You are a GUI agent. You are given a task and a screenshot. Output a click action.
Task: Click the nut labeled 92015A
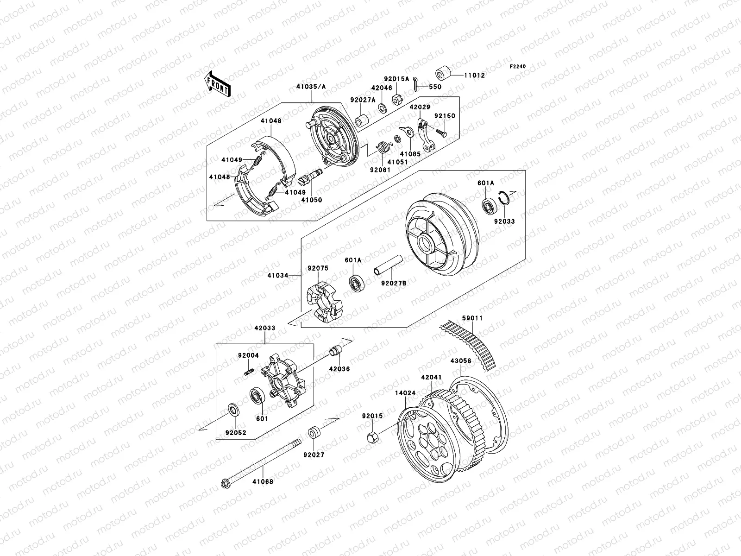[x=398, y=99]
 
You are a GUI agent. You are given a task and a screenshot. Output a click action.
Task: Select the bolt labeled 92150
[x=440, y=133]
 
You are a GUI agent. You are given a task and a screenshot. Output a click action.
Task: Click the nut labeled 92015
[x=372, y=436]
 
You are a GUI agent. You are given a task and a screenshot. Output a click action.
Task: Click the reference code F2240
[x=518, y=67]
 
